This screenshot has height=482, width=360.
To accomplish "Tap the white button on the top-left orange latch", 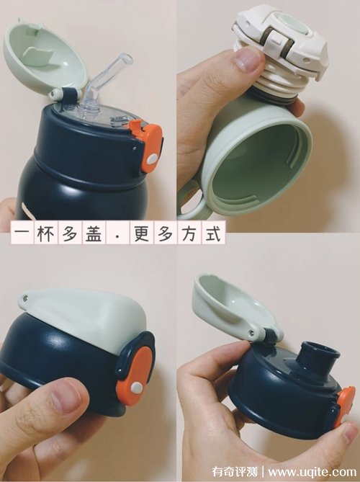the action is tap(152, 159).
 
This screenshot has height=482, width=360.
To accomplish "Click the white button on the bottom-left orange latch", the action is tap(136, 388).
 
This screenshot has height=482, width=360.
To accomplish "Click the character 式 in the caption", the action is tap(213, 234).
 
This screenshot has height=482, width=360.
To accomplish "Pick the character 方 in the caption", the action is tap(189, 234).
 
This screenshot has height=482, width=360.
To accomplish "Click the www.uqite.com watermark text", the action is tap(312, 471).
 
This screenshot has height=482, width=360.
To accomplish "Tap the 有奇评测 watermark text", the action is tap(235, 471).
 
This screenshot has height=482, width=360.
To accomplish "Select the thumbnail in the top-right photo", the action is tap(248, 59).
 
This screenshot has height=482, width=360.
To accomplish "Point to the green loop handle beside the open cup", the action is tap(191, 199).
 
